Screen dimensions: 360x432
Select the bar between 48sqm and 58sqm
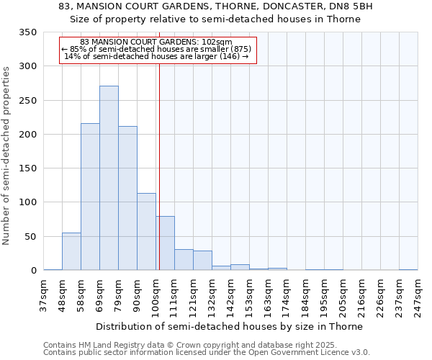71,251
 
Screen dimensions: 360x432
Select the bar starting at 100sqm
165,243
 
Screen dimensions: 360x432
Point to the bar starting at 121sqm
202,261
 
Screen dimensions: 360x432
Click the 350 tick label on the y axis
27,32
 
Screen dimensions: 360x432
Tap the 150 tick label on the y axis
27,168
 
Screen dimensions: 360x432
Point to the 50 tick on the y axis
30,236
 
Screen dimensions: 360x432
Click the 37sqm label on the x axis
44,295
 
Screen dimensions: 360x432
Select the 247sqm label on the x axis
418,295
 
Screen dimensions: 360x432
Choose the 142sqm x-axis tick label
231,295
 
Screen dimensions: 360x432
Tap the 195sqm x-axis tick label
325,295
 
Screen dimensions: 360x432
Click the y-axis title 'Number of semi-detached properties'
7,155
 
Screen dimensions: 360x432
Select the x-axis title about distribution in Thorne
229,326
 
